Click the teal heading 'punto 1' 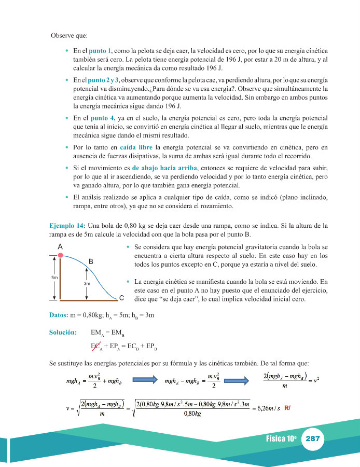tap(100, 52)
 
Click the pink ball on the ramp tap(61, 255)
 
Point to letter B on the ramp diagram tap(91, 263)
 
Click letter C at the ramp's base tap(121, 298)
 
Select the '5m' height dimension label tap(54, 278)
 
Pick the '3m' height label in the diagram tap(87, 284)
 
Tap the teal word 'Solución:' tap(63, 332)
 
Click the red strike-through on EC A tap(95, 346)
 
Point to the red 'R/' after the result tap(287, 408)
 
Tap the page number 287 tap(313, 438)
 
